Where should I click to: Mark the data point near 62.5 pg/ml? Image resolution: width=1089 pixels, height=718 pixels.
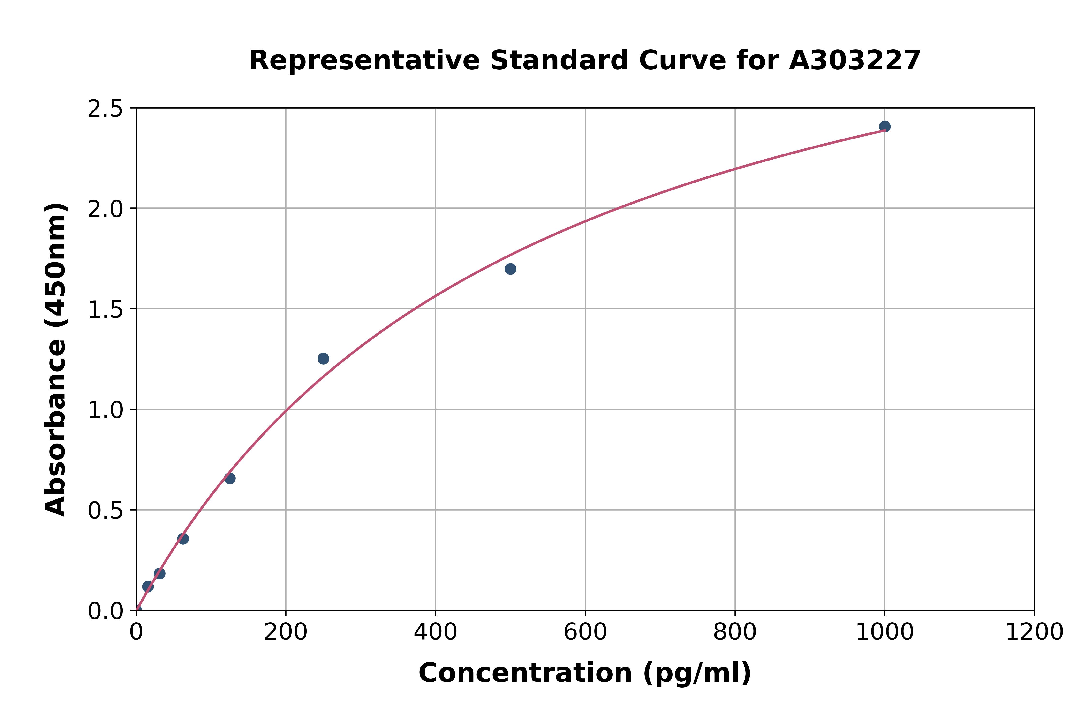(183, 539)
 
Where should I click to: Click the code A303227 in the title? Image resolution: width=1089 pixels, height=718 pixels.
(855, 60)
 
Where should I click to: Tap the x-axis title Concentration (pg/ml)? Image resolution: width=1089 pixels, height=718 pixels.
(585, 673)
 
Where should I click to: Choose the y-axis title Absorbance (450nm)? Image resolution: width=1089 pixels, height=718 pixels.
(56, 359)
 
